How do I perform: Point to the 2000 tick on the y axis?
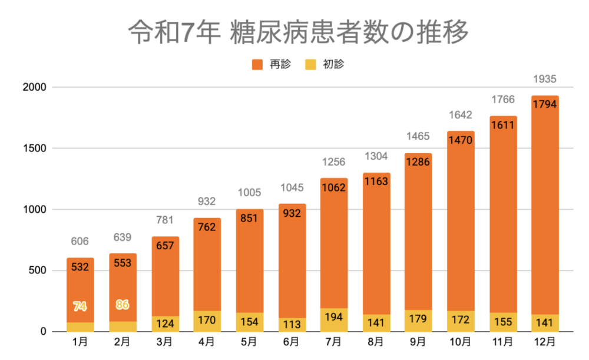click(34, 87)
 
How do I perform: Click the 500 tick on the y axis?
click(37, 270)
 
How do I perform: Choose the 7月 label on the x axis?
click(334, 341)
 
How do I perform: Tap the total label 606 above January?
click(80, 241)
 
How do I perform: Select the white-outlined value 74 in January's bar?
click(80, 306)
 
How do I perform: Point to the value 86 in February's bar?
click(123, 305)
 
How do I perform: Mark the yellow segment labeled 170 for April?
click(207, 321)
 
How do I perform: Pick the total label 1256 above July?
click(333, 162)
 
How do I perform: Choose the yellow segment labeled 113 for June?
click(292, 325)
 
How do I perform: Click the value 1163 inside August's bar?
click(376, 181)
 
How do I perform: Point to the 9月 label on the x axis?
click(418, 341)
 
